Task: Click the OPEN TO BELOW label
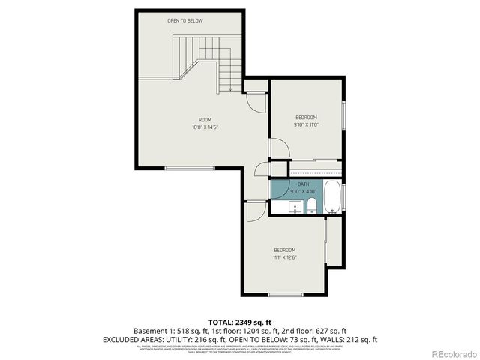(185, 20)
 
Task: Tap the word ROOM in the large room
(205, 120)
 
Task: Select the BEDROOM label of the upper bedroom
(306, 117)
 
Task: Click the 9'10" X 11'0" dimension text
(306, 125)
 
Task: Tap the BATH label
(303, 184)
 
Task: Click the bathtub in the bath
(332, 197)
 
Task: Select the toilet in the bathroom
(311, 208)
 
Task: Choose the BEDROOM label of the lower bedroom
(284, 250)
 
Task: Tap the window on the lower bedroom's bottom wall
(286, 295)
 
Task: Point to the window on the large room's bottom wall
(190, 168)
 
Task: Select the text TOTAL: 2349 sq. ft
(239, 320)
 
